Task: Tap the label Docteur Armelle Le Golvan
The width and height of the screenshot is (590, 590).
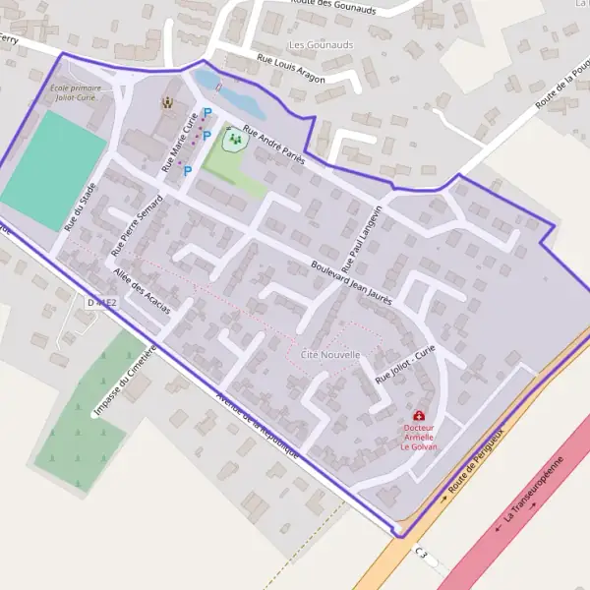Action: point(420,437)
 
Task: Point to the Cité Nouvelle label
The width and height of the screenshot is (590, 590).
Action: point(330,354)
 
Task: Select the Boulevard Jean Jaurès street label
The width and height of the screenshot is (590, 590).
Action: point(351,282)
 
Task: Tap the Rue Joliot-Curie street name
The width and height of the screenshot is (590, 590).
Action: point(405,365)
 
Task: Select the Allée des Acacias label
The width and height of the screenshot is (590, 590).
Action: point(142,291)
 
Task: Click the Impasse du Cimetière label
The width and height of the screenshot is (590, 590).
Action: point(124,379)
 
